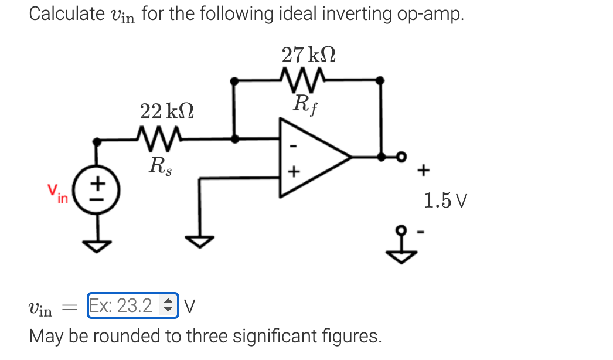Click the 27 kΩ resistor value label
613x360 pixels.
tap(308, 55)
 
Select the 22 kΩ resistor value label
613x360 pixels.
tap(167, 111)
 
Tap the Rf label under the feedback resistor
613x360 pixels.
tap(306, 105)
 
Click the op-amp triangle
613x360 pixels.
tap(311, 157)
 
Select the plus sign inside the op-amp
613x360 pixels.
tap(294, 172)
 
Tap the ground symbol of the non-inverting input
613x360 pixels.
tap(200, 240)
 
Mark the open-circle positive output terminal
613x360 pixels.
tap(402, 157)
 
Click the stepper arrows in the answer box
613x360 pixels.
tap(168, 305)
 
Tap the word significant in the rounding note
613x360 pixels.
tap(278, 336)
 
